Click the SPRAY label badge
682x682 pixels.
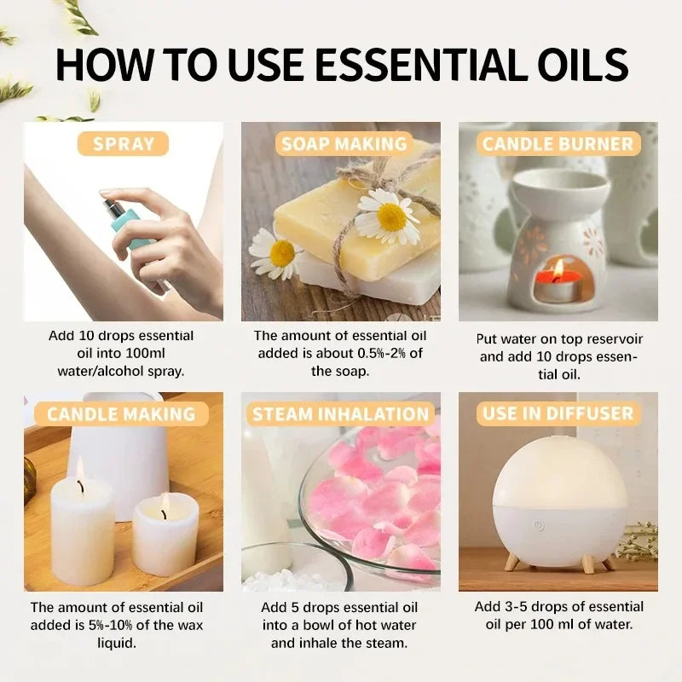point(123,143)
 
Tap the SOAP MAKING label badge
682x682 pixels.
point(344,143)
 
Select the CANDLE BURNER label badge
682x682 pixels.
point(558,143)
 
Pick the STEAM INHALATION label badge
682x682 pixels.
point(340,414)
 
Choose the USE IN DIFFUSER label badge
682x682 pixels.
point(558,414)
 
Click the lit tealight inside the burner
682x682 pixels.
point(558,280)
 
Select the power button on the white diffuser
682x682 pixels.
point(539,525)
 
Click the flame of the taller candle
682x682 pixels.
point(80,468)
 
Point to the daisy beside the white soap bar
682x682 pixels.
point(274,253)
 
